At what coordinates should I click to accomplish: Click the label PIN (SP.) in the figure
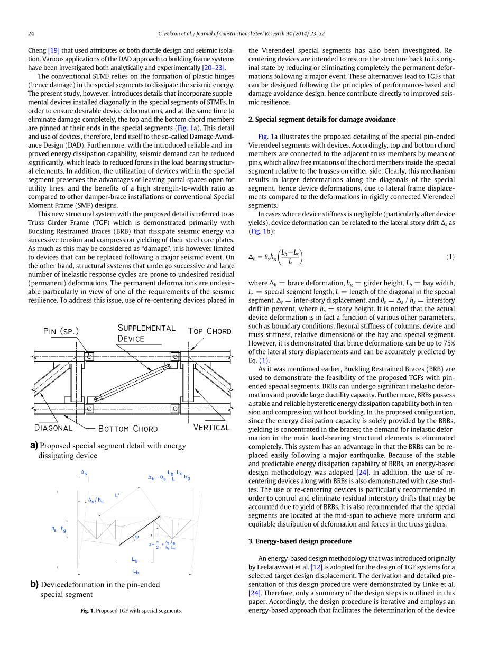61,332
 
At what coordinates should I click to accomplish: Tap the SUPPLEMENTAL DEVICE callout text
146,333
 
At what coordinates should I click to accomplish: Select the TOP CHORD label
210,331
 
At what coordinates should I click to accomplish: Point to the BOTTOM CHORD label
128,428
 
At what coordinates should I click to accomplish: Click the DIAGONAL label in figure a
53,427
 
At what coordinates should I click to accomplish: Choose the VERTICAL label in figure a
211,427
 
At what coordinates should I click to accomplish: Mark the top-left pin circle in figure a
89,357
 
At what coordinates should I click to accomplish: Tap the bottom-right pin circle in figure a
175,408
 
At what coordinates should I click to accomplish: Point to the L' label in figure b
117,495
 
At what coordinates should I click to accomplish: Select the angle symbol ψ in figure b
136,536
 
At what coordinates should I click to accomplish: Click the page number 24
31,34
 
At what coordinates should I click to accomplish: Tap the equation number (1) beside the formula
450,257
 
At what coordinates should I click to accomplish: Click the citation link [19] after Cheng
53,50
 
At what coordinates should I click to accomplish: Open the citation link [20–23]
214,68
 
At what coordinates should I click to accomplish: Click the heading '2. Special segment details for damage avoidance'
321,119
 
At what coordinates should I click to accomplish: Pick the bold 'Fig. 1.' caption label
87,611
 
